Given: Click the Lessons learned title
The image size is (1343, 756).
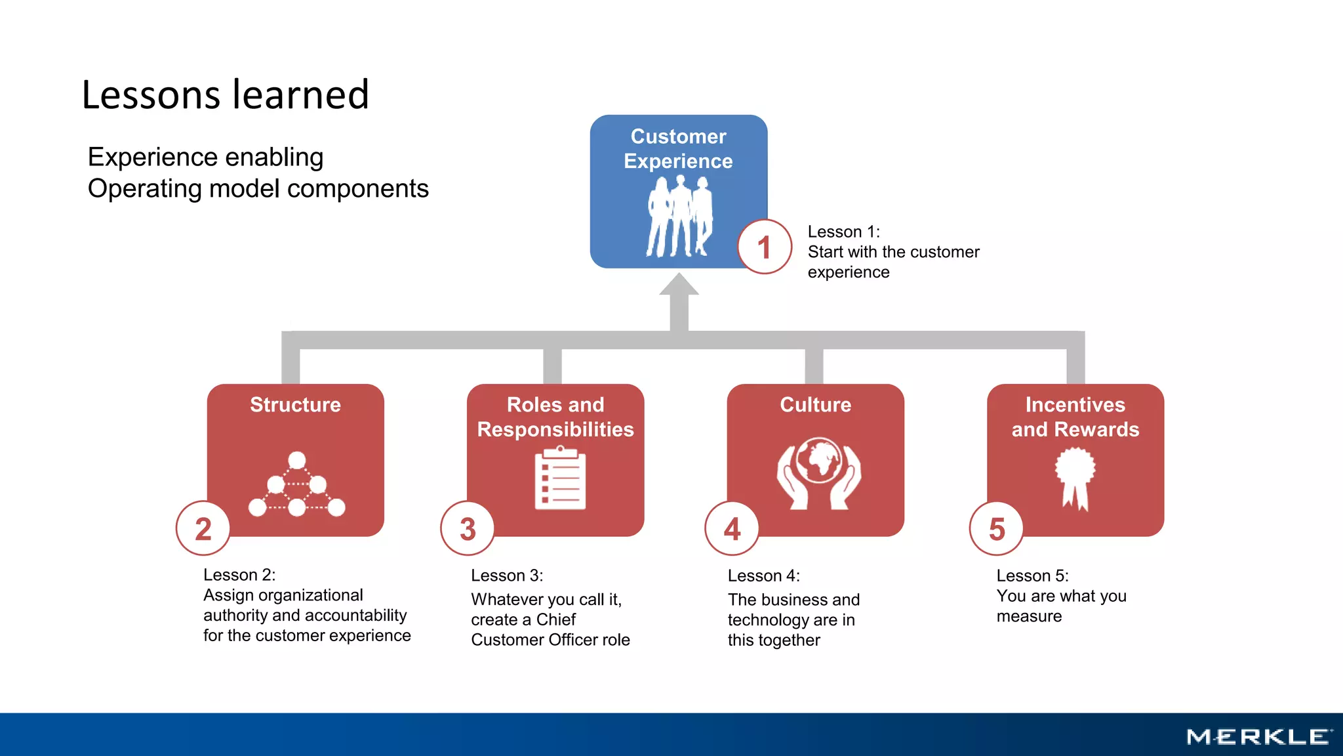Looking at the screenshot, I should click(x=225, y=94).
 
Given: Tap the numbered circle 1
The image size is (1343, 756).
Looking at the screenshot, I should click(x=765, y=247).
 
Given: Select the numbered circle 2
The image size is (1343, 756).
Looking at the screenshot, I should click(x=203, y=529).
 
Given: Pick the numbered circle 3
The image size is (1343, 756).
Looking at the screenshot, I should click(x=468, y=529).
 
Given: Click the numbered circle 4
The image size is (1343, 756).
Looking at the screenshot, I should click(x=732, y=529).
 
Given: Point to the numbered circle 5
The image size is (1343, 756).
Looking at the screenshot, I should click(x=997, y=529).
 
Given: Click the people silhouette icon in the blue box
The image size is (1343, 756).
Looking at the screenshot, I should click(x=680, y=217).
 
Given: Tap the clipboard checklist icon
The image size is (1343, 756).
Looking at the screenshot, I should click(x=560, y=478).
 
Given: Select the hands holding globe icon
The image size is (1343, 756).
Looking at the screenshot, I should click(x=818, y=473).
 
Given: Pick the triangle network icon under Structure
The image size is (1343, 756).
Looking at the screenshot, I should click(x=296, y=486).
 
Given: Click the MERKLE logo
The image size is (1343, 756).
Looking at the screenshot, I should click(x=1259, y=737).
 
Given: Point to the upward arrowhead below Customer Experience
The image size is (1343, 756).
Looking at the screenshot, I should click(x=679, y=285).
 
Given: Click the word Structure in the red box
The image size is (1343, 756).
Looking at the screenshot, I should click(x=295, y=405).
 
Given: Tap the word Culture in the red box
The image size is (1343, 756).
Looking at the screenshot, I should click(x=815, y=405).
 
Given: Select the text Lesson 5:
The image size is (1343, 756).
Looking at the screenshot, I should click(x=1032, y=576).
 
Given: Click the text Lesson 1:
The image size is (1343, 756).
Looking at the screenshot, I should click(x=843, y=232).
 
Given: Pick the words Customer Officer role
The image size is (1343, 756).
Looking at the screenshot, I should click(x=550, y=640).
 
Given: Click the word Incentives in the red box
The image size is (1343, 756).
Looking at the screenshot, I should click(x=1075, y=405).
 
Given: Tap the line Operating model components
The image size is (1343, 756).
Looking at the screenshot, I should click(x=258, y=189).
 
